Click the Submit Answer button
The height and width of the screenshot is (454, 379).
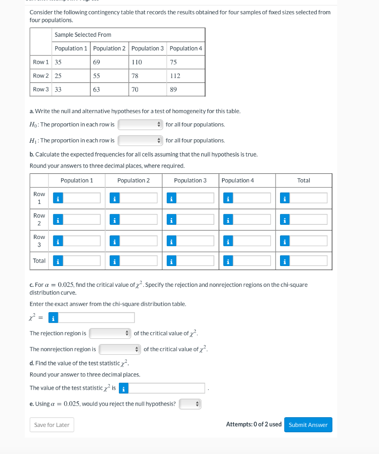[308, 425]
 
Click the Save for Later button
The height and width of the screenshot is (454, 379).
[52, 425]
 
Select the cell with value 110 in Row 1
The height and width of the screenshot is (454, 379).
[137, 62]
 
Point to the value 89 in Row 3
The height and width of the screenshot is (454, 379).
[174, 90]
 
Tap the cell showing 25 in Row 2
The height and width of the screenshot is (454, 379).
[58, 76]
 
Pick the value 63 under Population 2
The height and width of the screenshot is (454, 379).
[96, 90]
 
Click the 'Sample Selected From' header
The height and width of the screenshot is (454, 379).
[83, 35]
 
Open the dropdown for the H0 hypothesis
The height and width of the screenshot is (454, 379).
[140, 125]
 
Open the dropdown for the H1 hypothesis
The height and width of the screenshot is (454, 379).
[140, 141]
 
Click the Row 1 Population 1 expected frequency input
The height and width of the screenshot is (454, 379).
[82, 198]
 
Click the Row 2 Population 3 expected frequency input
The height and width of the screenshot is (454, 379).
[195, 219]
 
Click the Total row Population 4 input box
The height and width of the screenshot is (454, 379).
[252, 261]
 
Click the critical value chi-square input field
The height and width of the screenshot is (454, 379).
[96, 318]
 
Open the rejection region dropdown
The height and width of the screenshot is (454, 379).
[110, 333]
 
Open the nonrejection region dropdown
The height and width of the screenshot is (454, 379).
[120, 349]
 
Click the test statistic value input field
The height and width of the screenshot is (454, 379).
[167, 388]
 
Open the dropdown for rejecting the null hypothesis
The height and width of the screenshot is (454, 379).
[190, 404]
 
